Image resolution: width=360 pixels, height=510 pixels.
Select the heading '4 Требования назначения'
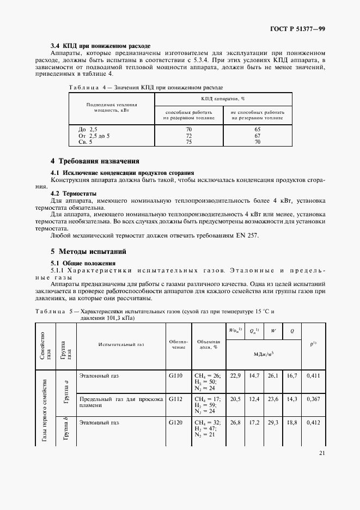click(95, 161)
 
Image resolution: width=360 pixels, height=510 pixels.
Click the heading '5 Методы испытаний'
click(88, 252)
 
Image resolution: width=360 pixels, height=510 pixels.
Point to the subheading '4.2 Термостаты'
click(74, 193)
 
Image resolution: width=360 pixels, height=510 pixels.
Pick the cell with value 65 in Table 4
click(258, 129)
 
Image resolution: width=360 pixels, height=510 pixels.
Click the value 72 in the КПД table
click(189, 136)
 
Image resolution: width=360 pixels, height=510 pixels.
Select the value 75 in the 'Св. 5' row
click(189, 142)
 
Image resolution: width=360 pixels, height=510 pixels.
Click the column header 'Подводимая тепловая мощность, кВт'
click(112, 107)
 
